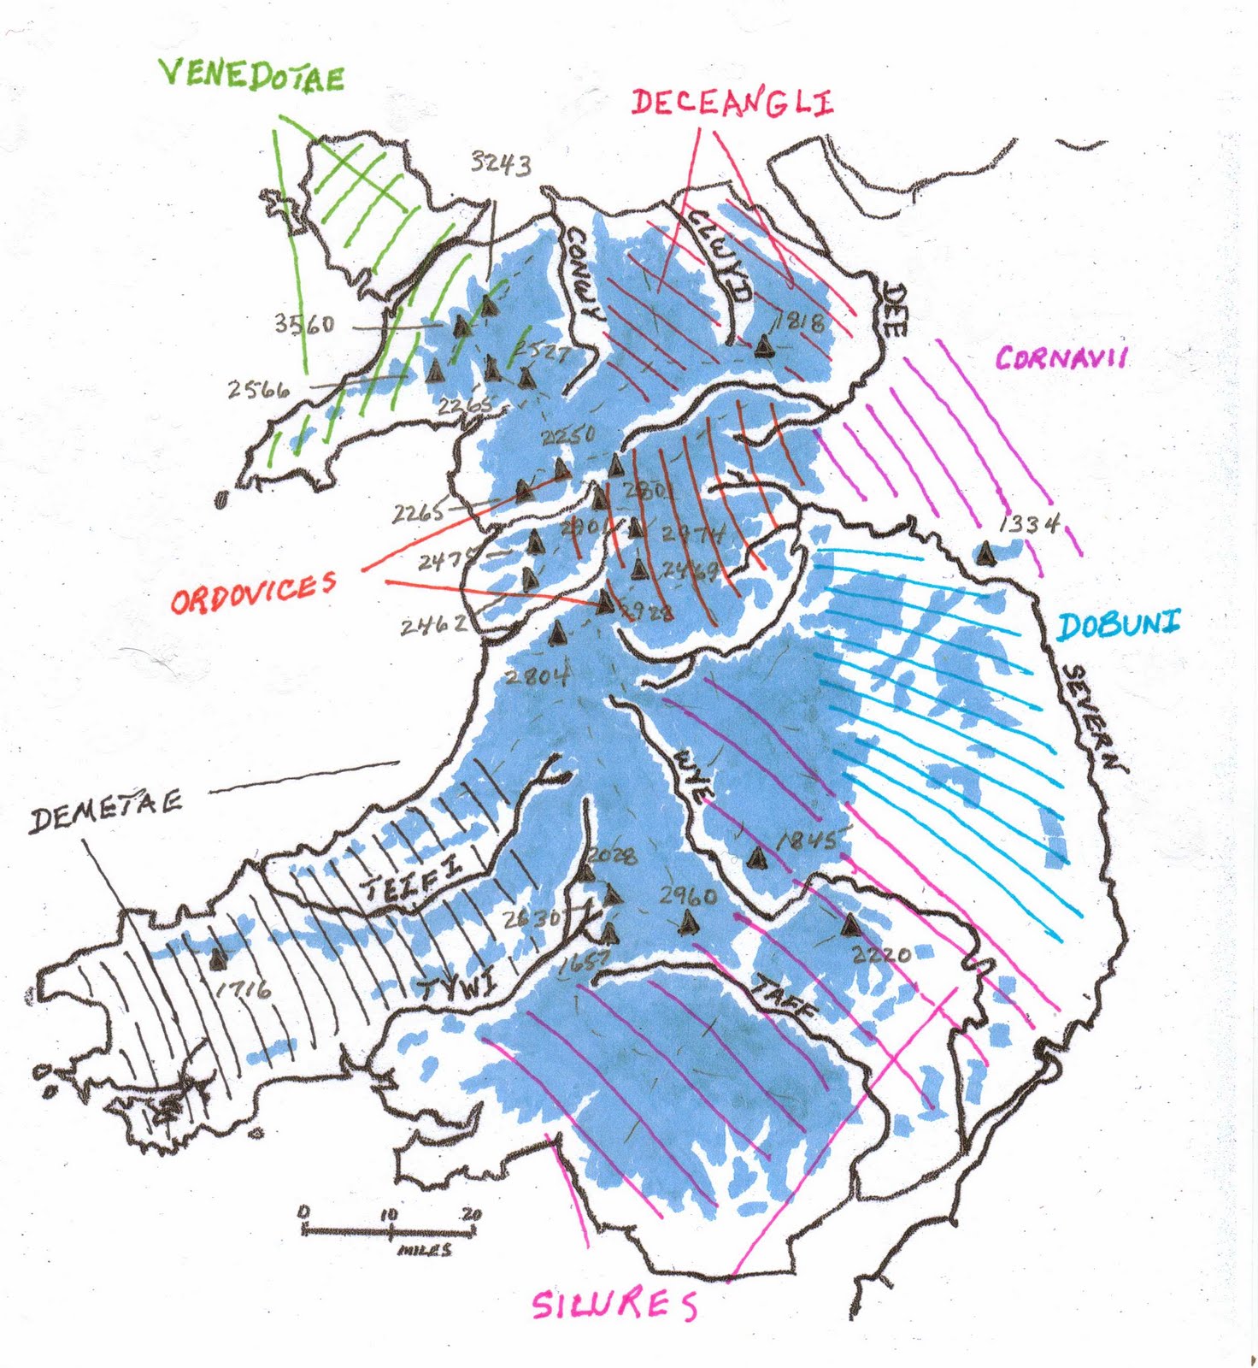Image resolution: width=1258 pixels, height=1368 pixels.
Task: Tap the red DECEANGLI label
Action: [732, 103]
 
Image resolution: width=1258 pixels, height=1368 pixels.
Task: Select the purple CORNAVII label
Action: [1061, 357]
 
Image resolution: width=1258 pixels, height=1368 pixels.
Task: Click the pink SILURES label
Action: [614, 1305]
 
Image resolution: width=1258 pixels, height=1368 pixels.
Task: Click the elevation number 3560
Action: [304, 324]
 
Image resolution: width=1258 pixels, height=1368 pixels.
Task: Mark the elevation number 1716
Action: [244, 989]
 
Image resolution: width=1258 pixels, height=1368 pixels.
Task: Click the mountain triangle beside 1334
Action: [987, 553]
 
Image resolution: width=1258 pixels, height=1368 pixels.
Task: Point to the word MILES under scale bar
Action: [425, 1250]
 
